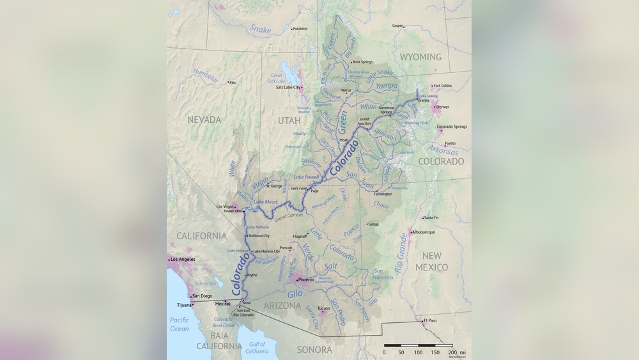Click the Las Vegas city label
coord(225,207)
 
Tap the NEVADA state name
coord(204,120)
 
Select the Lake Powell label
coord(306,176)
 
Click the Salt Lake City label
coord(288,88)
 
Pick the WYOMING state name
coord(420,57)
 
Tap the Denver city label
coord(442,107)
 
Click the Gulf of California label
coord(257,348)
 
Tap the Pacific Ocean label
coord(180,324)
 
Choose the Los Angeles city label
coord(183,259)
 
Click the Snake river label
coord(260,29)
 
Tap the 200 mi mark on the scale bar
coord(452,352)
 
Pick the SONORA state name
coord(314,350)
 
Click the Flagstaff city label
coord(300,236)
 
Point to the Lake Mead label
coord(266,202)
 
